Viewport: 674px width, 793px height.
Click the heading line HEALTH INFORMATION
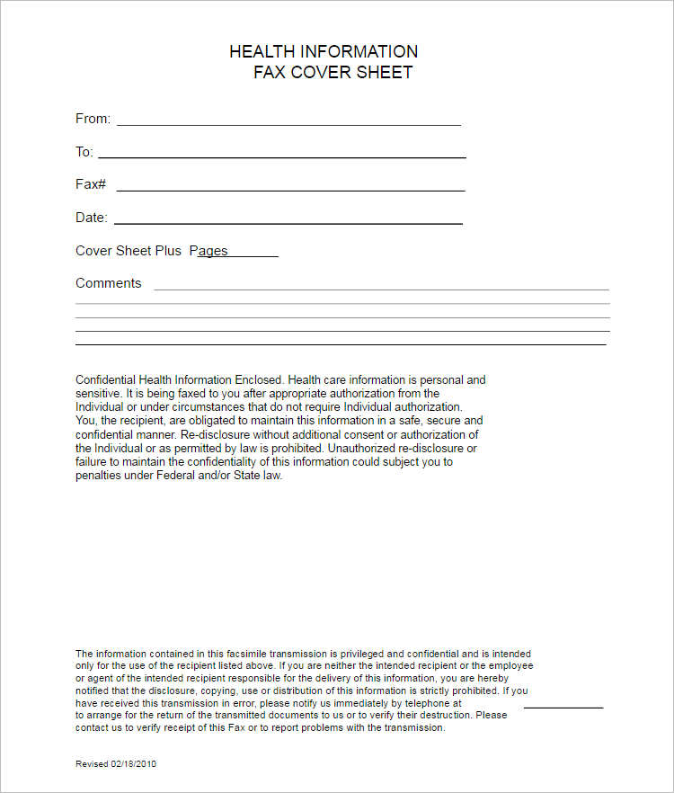click(324, 51)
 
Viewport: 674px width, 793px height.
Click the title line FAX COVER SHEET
click(333, 73)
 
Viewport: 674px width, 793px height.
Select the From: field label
click(93, 119)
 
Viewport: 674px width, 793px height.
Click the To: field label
click(84, 152)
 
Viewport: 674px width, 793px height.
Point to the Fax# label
click(91, 184)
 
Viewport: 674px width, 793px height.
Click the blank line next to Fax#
click(290, 190)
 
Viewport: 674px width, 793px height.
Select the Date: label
click(92, 218)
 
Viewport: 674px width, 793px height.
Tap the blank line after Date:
click(288, 222)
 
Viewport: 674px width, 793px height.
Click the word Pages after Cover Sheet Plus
click(208, 251)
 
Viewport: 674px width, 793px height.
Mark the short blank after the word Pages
click(253, 256)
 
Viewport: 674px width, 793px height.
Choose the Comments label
click(109, 283)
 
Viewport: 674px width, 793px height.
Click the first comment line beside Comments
click(381, 290)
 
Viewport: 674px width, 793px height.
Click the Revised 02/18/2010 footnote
click(116, 763)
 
